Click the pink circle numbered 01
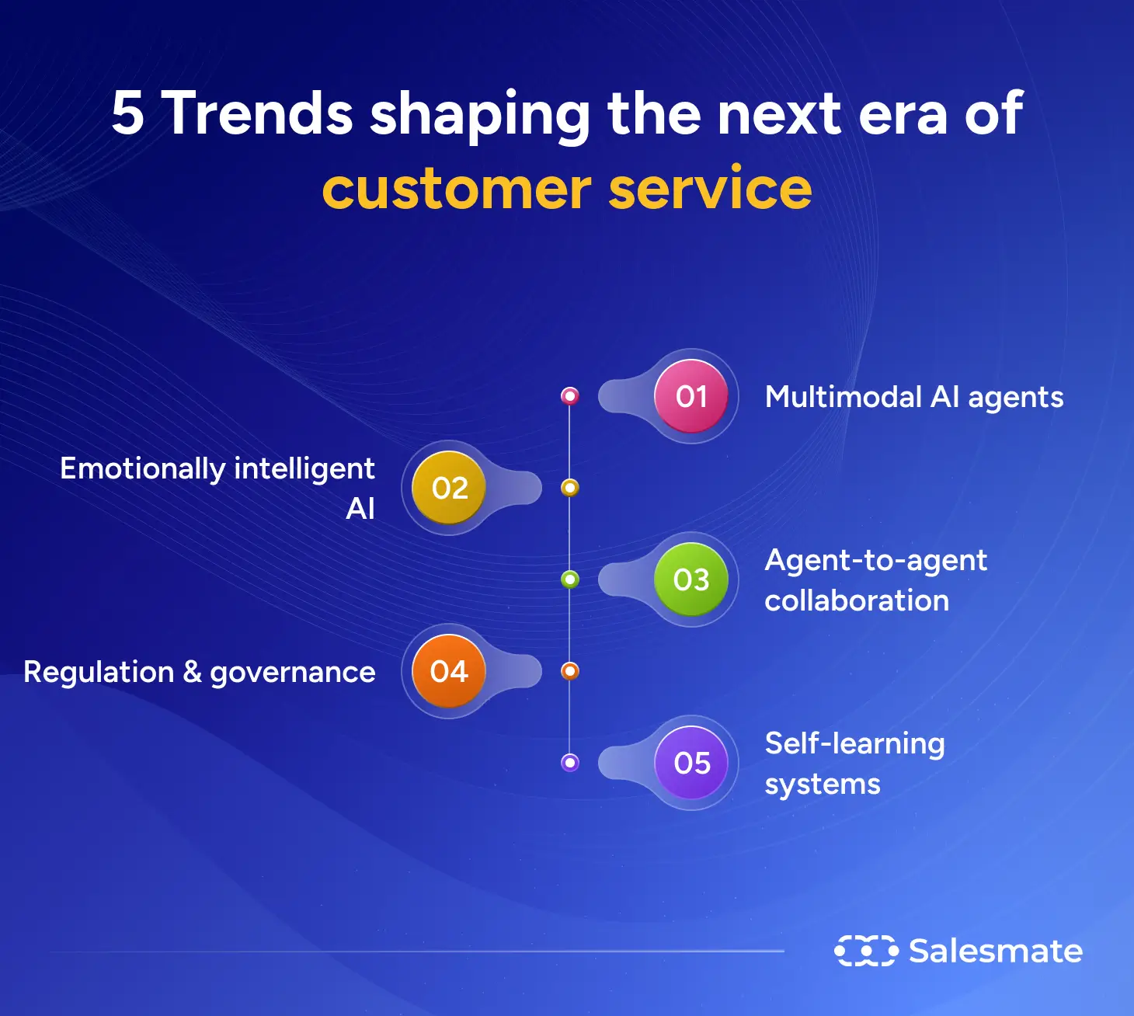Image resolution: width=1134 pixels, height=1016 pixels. tap(691, 396)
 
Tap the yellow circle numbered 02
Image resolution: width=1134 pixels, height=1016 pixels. tap(450, 488)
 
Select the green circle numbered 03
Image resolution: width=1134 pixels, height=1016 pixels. tap(691, 579)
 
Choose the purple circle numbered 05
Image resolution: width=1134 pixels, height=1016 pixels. tap(691, 763)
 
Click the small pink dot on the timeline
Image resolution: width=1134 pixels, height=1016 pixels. tap(570, 396)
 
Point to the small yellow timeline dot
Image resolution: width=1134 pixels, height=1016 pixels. tap(570, 488)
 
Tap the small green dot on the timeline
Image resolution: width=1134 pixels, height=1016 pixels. tap(570, 579)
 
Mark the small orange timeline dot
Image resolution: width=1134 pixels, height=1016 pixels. tap(570, 671)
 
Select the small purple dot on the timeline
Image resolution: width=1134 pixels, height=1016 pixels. tap(570, 763)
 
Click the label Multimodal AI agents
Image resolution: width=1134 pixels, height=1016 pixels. tap(913, 397)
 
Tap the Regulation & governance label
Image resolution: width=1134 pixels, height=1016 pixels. tap(200, 672)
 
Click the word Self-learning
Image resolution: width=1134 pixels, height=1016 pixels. tap(854, 743)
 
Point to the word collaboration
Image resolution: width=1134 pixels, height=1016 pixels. tap(857, 600)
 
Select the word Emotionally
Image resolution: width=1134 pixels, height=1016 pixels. tap(142, 468)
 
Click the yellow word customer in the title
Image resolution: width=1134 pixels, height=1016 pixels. tap(457, 189)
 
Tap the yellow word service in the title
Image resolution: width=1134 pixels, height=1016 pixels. tap(710, 189)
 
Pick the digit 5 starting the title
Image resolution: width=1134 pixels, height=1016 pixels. tap(128, 113)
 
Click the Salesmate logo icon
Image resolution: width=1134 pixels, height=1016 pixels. tap(866, 951)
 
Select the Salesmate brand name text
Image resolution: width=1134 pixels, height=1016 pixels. tap(995, 951)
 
